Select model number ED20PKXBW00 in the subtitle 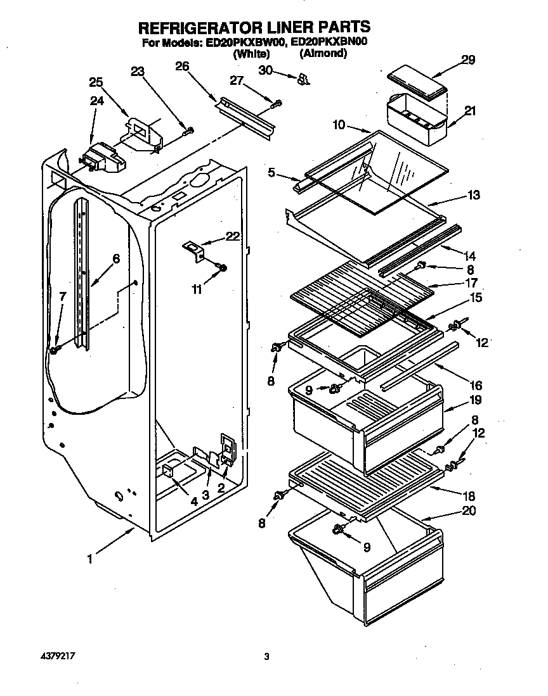[244, 43]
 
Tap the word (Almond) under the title [323, 54]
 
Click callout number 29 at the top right [468, 60]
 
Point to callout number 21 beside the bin [470, 111]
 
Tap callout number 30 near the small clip [265, 70]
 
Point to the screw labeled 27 [278, 103]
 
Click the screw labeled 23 [189, 131]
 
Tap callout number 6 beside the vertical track [115, 258]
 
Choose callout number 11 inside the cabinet [197, 289]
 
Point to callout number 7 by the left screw [63, 296]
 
